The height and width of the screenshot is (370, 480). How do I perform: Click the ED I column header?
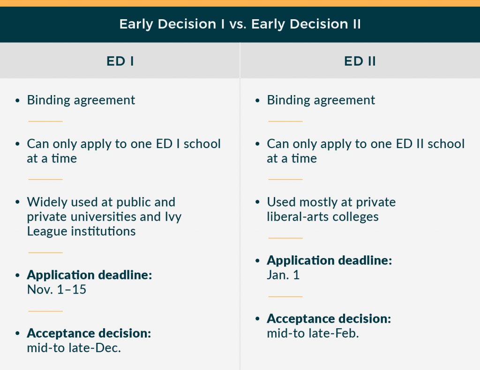[120, 61]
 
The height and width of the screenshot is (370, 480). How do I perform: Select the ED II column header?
[360, 61]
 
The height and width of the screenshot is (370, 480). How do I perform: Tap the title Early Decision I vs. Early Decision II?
[240, 24]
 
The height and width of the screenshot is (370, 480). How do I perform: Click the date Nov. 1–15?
[57, 289]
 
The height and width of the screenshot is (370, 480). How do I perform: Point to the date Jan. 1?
[283, 275]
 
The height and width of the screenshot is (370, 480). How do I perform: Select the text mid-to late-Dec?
[74, 348]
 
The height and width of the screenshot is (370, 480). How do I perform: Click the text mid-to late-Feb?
[313, 333]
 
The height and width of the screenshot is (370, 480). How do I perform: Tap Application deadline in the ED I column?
[90, 275]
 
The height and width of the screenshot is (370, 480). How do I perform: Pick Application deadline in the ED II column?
[329, 260]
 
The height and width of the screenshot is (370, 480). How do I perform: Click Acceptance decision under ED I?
[89, 333]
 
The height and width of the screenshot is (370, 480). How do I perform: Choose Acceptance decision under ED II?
[329, 319]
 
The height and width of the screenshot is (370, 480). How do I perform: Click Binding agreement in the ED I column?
[81, 100]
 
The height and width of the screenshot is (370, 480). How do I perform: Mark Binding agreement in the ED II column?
[321, 100]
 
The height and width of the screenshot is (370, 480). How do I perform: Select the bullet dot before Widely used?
[18, 203]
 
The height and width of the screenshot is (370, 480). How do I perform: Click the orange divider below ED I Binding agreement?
[45, 121]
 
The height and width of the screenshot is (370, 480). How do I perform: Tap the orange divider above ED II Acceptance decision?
[285, 296]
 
